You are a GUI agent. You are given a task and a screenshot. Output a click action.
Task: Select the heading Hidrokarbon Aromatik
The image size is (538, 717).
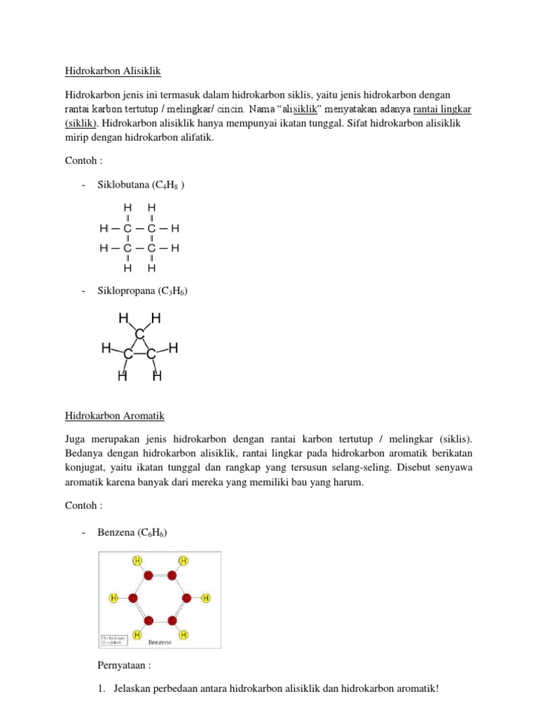pyautogui.click(x=115, y=415)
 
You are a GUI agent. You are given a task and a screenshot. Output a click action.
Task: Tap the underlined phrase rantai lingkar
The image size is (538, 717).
pyautogui.click(x=442, y=109)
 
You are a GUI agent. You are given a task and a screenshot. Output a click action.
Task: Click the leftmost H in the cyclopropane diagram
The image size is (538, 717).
pyautogui.click(x=106, y=348)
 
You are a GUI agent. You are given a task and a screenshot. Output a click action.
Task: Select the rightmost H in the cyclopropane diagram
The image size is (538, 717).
pyautogui.click(x=173, y=348)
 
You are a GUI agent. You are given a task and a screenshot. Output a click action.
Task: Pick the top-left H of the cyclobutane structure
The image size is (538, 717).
pyautogui.click(x=127, y=208)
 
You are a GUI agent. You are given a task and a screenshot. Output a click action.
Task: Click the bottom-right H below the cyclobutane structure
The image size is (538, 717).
pyautogui.click(x=151, y=268)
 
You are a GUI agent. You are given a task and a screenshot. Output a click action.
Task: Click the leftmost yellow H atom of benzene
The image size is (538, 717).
pyautogui.click(x=113, y=598)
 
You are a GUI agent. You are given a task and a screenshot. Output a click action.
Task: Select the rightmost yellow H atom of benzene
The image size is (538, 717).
pyautogui.click(x=206, y=598)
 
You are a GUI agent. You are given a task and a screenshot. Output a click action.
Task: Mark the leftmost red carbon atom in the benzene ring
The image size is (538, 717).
pyautogui.click(x=132, y=598)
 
